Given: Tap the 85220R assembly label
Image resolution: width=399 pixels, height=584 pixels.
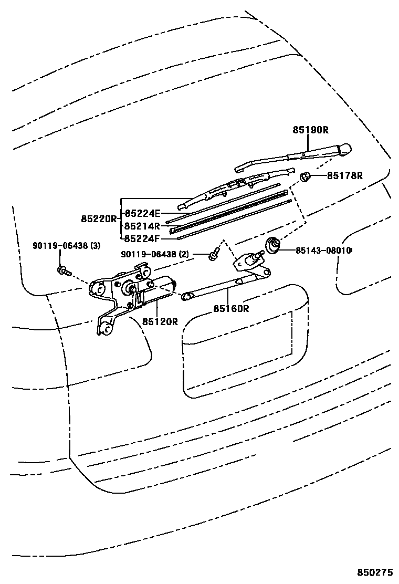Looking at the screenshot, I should pos(98,218).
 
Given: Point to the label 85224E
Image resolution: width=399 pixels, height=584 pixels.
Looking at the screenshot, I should pos(142,213).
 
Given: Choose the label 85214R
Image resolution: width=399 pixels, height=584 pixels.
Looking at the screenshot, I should pos(142,226).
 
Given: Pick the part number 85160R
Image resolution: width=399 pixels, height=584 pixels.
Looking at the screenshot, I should pos(230,308).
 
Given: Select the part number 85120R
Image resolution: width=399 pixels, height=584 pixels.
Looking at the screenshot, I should pos(160,321).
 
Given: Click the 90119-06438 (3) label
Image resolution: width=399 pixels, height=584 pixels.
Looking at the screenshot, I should pos(66,245).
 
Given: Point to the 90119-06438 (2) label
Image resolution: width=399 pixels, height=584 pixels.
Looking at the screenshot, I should pos(154,255).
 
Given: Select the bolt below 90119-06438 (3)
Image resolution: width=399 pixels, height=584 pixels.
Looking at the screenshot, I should pos(62,270).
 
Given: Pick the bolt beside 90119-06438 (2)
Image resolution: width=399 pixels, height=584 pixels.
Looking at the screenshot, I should pos(213,256).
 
